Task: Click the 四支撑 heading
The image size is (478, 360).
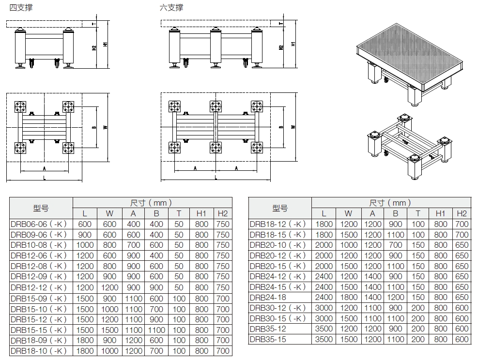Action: (x=21, y=7)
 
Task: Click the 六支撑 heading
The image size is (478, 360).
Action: (x=171, y=7)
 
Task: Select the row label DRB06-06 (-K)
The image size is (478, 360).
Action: (x=38, y=224)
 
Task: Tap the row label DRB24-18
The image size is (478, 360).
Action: (x=268, y=297)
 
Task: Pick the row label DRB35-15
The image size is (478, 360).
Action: (x=268, y=339)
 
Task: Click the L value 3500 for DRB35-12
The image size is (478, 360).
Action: (x=324, y=329)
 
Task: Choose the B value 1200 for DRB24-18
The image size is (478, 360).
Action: (x=395, y=297)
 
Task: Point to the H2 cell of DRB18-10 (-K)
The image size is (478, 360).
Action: (x=223, y=351)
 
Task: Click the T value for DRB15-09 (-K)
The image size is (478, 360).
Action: (x=179, y=299)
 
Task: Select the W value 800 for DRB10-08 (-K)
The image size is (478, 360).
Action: (x=109, y=245)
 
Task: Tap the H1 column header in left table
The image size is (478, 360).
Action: (x=201, y=213)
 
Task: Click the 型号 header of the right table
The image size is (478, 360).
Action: (x=280, y=209)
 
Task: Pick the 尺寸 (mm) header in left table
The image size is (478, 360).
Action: (x=151, y=203)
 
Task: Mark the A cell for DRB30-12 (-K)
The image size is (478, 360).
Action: (x=372, y=308)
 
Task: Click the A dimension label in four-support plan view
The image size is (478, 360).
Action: (x=45, y=168)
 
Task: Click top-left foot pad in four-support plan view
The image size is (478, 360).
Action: (x=20, y=107)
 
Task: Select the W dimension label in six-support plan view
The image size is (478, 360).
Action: (x=293, y=127)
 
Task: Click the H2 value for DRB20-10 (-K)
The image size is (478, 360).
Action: (x=462, y=245)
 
